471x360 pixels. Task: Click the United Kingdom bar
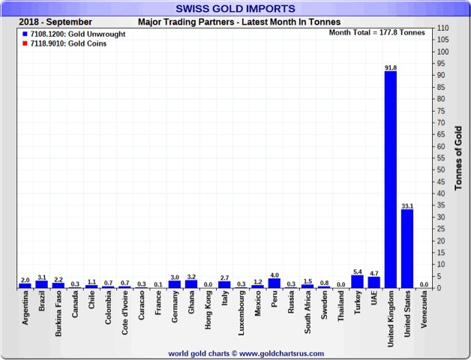pos(390,180)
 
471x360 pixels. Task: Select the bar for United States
pos(407,248)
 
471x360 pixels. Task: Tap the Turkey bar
pos(357,282)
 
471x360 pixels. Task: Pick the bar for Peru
pos(274,283)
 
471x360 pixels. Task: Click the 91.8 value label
pos(390,67)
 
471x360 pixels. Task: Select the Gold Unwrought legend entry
pos(64,34)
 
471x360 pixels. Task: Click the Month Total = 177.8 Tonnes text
pos(376,33)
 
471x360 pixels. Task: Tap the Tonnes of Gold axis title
pos(458,158)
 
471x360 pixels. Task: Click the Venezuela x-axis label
pos(424,313)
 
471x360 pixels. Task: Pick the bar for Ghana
pos(191,284)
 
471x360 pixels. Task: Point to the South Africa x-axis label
pos(307,314)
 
